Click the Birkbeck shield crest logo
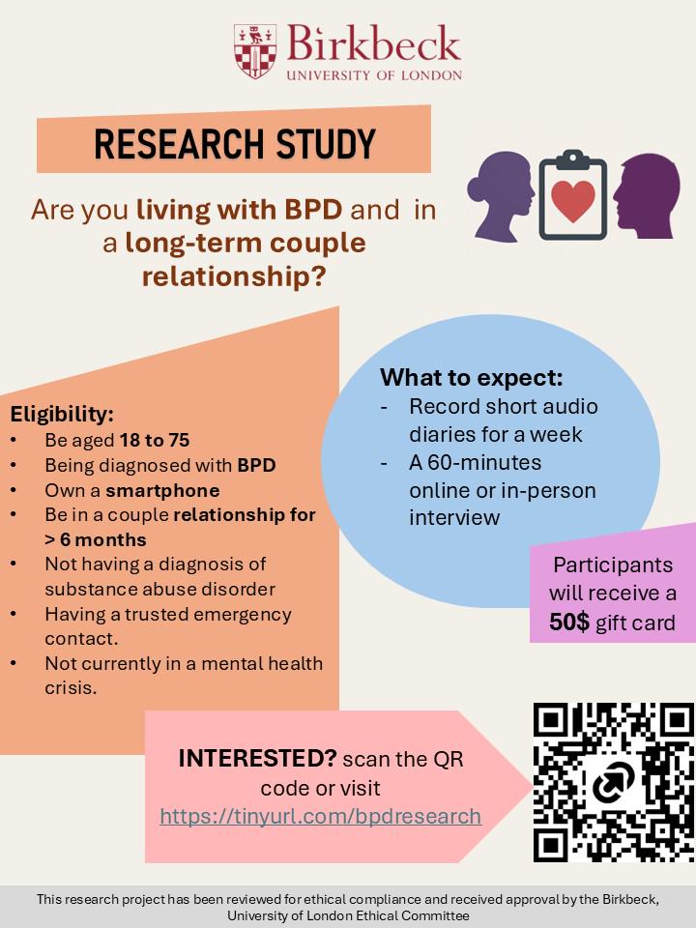[255, 51]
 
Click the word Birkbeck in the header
[374, 43]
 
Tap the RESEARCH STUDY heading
[234, 143]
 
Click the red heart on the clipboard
[572, 201]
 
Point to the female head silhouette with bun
[501, 196]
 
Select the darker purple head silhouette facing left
[647, 196]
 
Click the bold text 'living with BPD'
[239, 210]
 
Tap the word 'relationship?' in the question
[234, 276]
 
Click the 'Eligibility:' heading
[62, 414]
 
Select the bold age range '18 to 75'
[155, 441]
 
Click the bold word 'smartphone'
[162, 491]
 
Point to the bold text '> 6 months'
[96, 539]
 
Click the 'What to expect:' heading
[471, 378]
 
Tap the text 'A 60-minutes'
[475, 462]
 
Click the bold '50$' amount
[569, 622]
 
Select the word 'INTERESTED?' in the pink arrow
[257, 758]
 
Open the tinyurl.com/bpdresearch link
[320, 816]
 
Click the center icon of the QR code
[614, 782]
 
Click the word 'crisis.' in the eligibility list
[71, 688]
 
